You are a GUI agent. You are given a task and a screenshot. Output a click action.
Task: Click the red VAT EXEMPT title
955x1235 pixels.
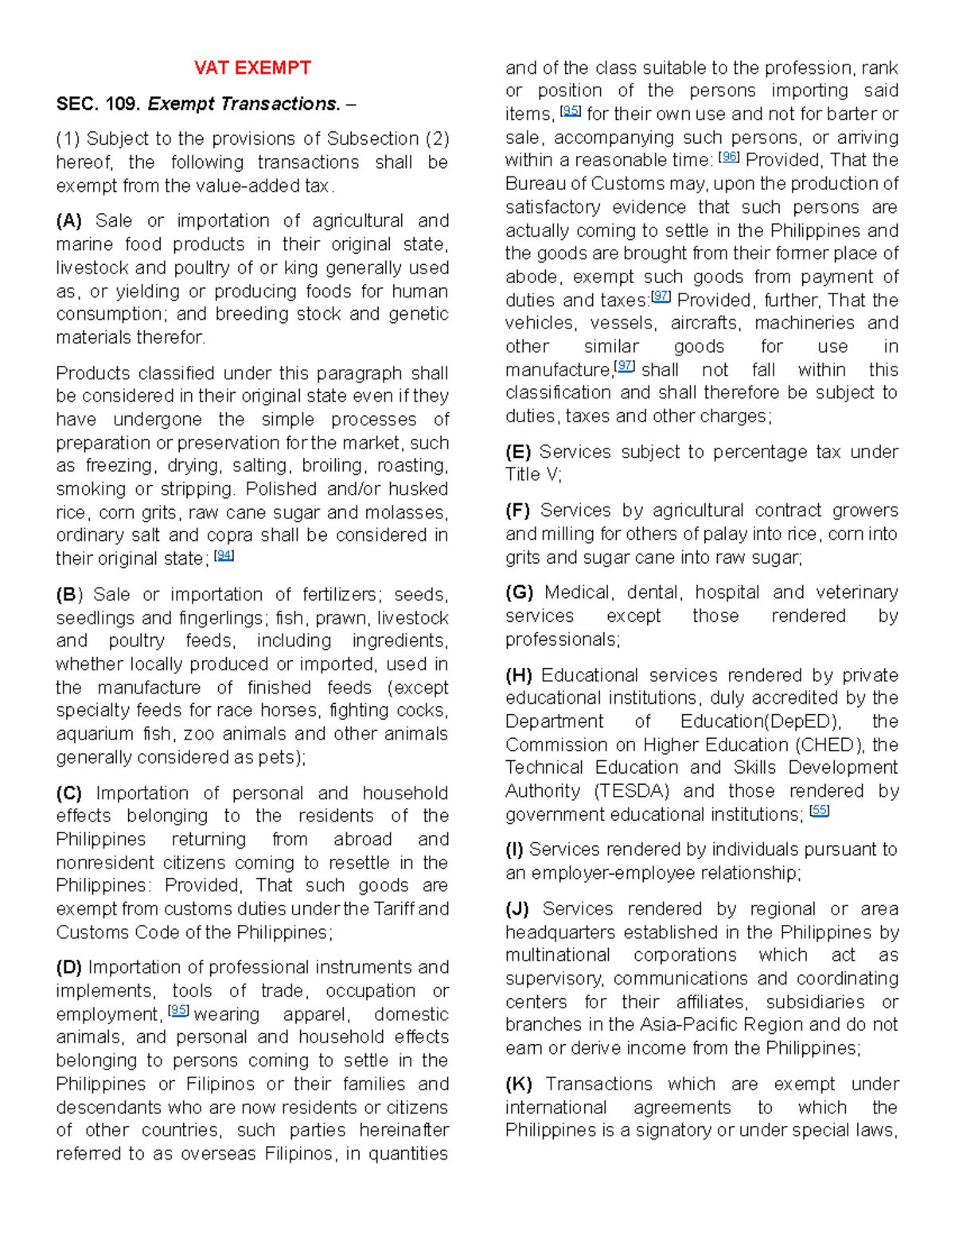pyautogui.click(x=252, y=68)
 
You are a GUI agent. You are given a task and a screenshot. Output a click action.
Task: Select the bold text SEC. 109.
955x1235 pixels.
pyautogui.click(x=98, y=104)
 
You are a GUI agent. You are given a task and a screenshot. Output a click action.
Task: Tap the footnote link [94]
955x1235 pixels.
pyautogui.click(x=224, y=557)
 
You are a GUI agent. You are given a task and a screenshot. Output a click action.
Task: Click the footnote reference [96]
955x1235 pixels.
pyautogui.click(x=729, y=157)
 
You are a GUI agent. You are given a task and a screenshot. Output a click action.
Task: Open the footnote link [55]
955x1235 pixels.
pyautogui.click(x=819, y=811)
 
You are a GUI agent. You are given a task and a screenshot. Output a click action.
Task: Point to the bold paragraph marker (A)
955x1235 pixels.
pyautogui.click(x=69, y=220)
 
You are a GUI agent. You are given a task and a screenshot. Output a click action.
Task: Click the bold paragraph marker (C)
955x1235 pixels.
pyautogui.click(x=69, y=793)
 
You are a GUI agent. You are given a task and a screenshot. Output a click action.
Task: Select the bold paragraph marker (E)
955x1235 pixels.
pyautogui.click(x=518, y=452)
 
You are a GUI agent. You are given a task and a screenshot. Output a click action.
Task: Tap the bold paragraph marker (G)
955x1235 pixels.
pyautogui.click(x=519, y=592)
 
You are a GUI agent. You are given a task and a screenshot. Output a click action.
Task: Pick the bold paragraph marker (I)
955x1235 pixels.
pyautogui.click(x=514, y=849)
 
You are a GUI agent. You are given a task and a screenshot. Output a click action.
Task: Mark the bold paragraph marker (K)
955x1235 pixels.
pyautogui.click(x=519, y=1084)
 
